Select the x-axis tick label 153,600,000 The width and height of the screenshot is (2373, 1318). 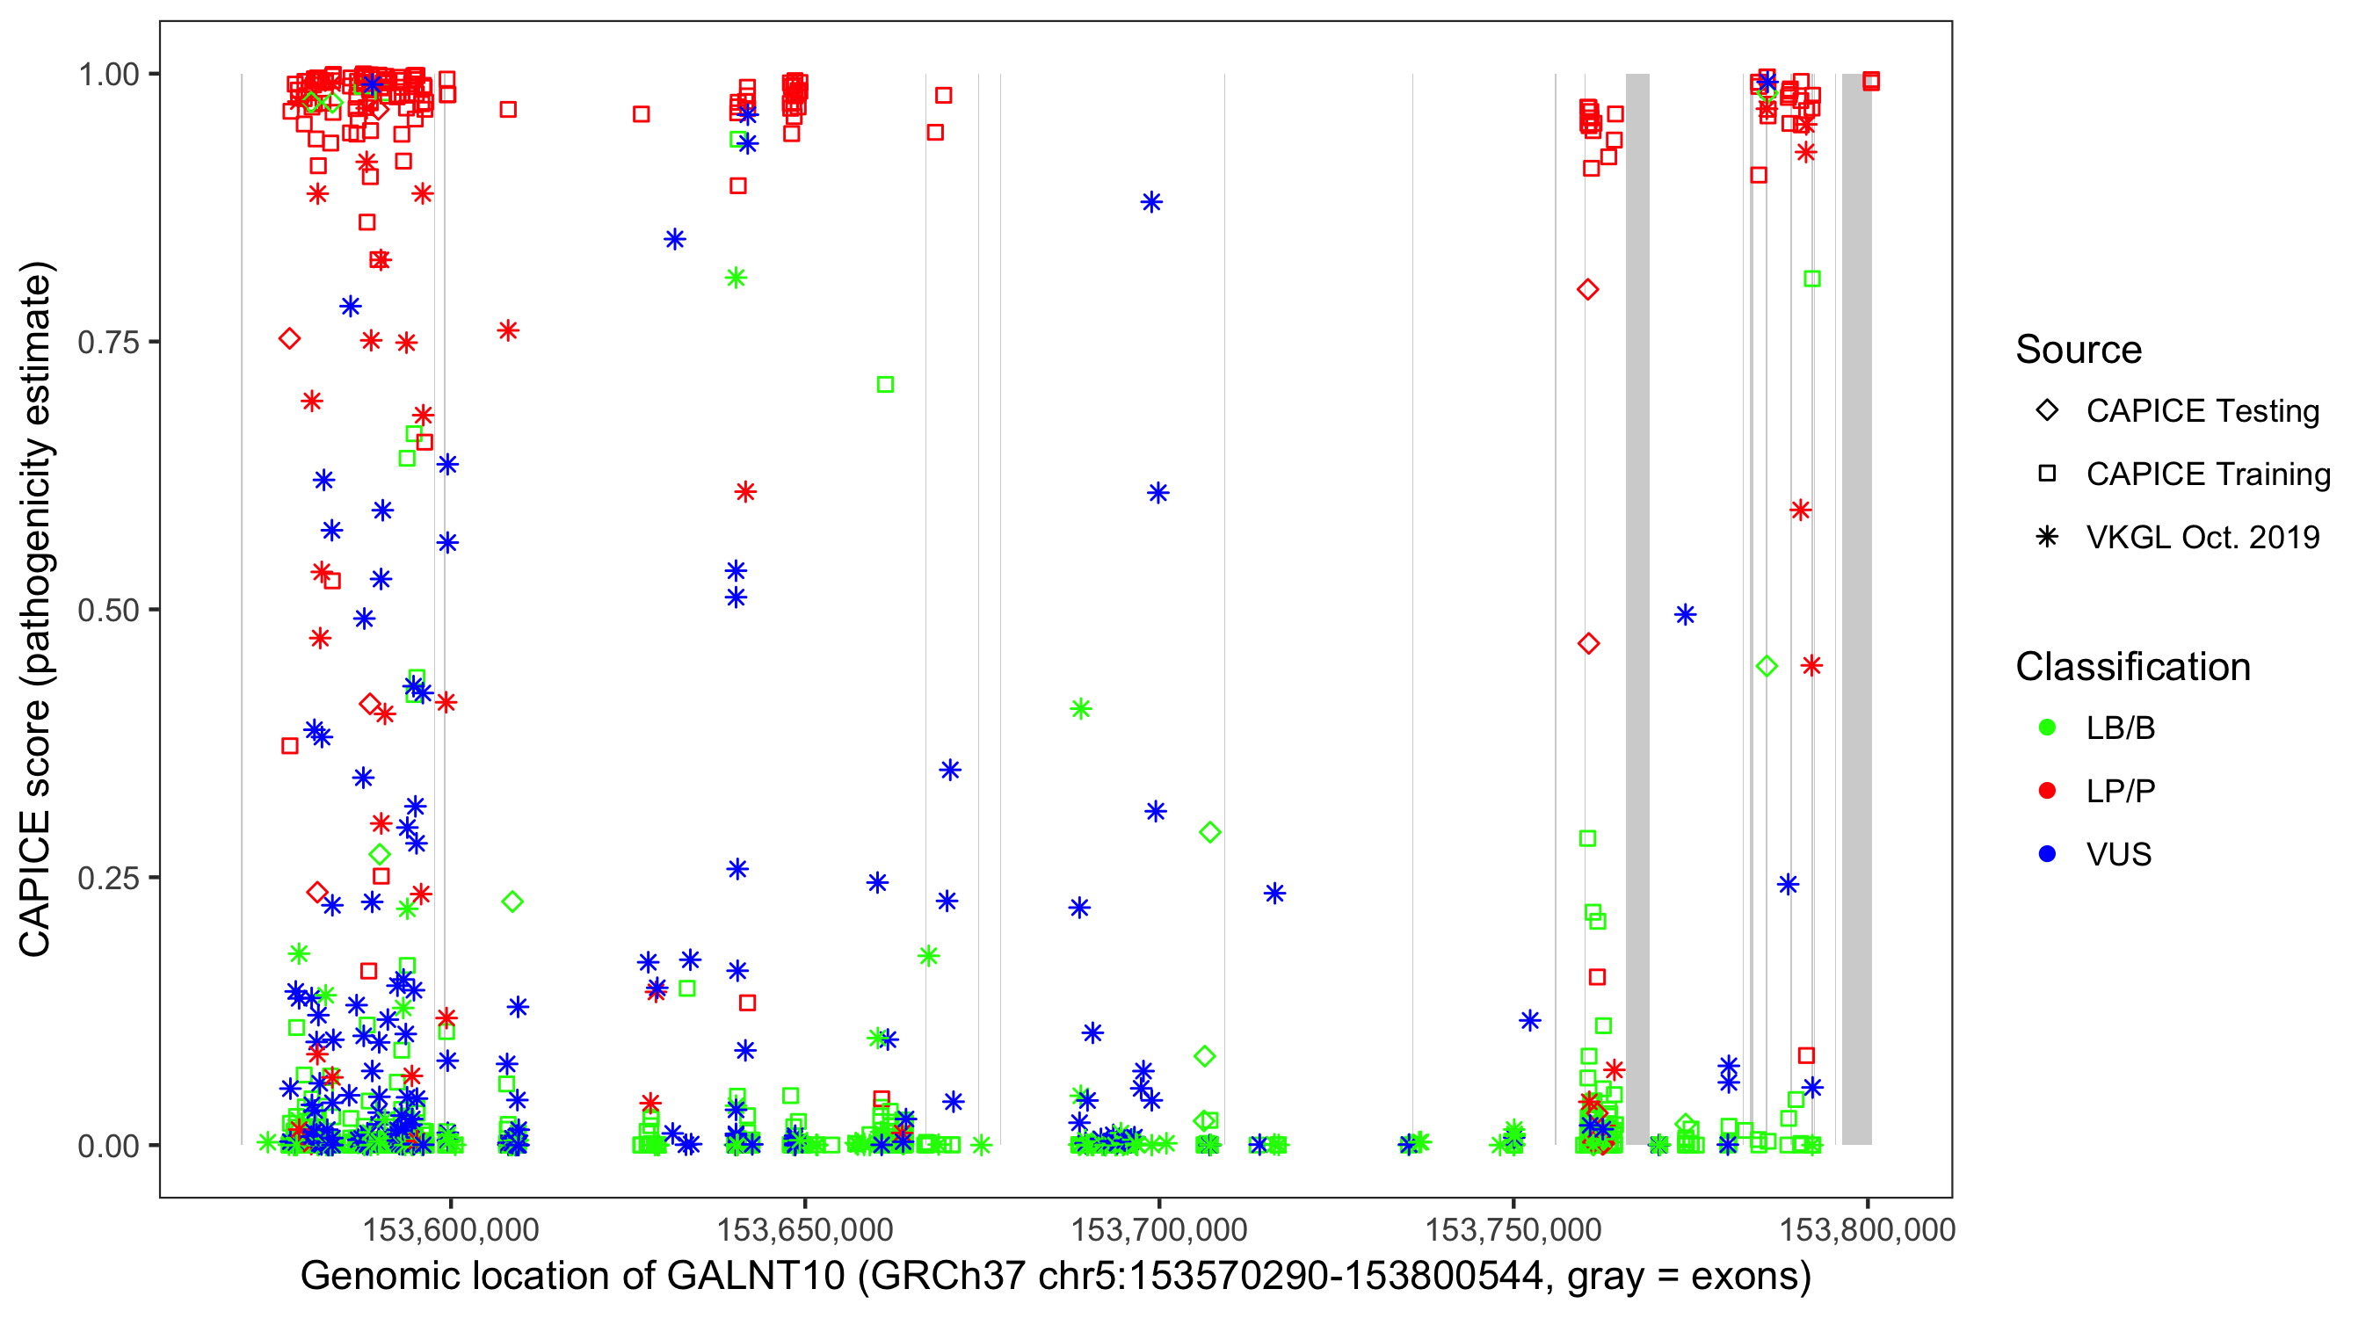click(451, 1229)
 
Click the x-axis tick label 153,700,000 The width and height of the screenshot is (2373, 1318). click(1159, 1229)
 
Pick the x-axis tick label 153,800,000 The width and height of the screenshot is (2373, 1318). click(1868, 1229)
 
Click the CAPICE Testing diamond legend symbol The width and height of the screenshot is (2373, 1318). click(2047, 411)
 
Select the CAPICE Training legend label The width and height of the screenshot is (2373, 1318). click(2208, 474)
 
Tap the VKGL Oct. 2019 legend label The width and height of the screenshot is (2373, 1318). click(2202, 537)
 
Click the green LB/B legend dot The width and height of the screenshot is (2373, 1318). click(2047, 728)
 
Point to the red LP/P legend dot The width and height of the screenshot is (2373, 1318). click(2047, 791)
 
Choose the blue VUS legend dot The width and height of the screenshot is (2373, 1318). click(2047, 854)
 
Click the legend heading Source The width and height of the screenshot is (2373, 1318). click(2079, 350)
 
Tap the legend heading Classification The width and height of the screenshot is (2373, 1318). click(2132, 667)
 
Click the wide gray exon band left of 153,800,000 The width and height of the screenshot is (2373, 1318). click(1856, 608)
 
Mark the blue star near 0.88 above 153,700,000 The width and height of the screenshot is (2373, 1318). click(1151, 203)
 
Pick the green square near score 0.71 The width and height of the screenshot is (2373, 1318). click(885, 384)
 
